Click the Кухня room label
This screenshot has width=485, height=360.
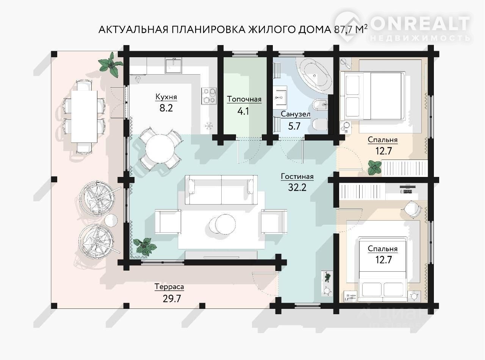(x=166, y=97)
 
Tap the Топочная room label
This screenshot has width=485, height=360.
(x=244, y=99)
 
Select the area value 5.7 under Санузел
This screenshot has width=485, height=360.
(x=294, y=126)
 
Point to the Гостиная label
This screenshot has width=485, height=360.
(x=297, y=176)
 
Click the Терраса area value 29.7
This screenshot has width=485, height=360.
(x=172, y=299)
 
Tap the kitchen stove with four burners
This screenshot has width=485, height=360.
(x=209, y=96)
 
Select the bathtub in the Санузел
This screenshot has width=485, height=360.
(x=314, y=76)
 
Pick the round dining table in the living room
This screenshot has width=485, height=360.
(x=160, y=148)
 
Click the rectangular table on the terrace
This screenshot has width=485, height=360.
(x=84, y=117)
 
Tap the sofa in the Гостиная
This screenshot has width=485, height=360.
(x=221, y=189)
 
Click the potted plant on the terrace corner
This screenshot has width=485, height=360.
(x=110, y=65)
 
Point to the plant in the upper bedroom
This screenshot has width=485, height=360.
(x=375, y=167)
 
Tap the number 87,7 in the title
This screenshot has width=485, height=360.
(x=343, y=30)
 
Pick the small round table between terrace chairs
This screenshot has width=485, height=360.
(x=111, y=220)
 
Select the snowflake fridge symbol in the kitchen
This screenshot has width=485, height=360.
(x=208, y=126)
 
